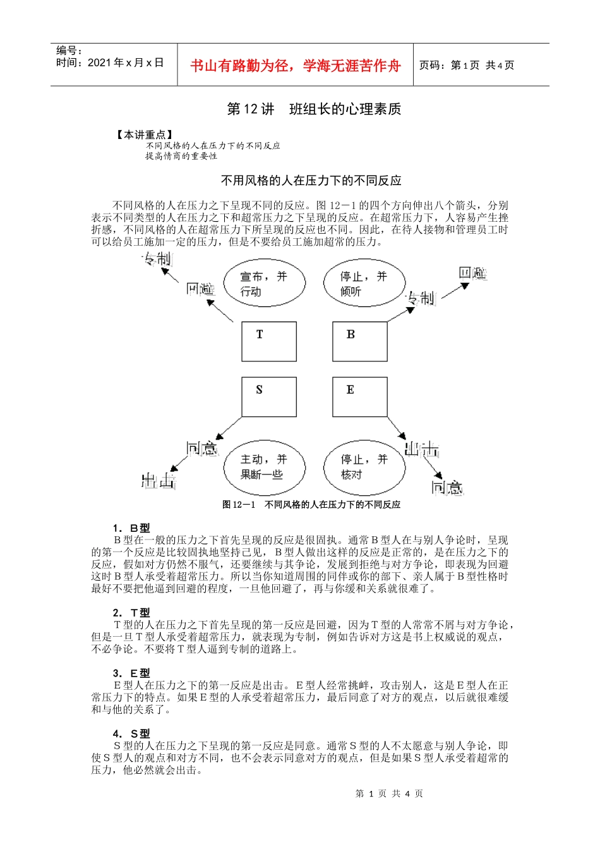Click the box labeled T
pos(269,341)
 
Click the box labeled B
pos(360,341)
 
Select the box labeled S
pos(269,397)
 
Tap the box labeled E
pos(360,397)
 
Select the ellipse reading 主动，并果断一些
pos(264,467)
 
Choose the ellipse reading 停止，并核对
pos(364,467)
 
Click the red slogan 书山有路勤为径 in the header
pos(295,66)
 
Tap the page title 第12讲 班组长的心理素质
pos(314,109)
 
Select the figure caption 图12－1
pos(311,505)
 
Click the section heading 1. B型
pos(131,528)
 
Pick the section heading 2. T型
pos(131,613)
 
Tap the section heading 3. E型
pos(131,673)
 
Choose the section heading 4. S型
pos(131,734)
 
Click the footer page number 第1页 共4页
pos(389,794)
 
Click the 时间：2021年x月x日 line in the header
pos(110,63)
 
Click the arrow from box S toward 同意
pos(229,428)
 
